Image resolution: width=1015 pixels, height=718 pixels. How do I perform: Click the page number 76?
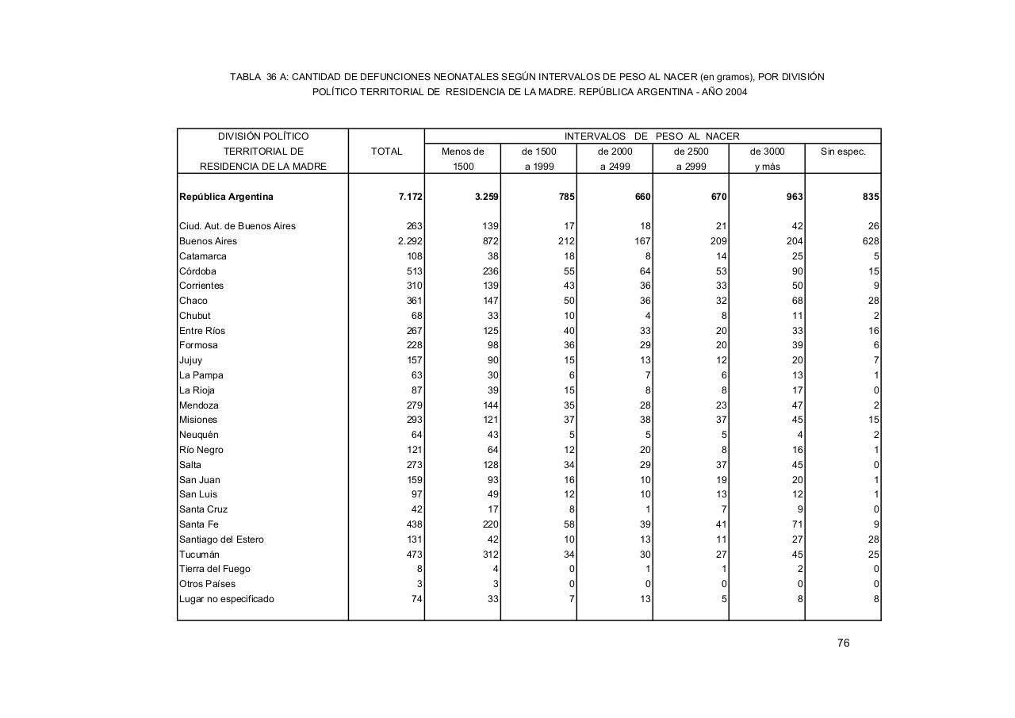coord(843,643)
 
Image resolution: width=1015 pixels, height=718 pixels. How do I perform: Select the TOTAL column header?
coord(386,152)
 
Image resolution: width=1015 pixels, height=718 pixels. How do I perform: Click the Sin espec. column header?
coord(843,152)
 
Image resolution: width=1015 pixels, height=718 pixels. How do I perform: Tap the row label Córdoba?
coord(197,271)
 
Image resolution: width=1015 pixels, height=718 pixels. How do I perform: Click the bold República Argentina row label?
coord(226,197)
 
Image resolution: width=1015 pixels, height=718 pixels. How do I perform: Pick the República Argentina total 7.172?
coord(410,197)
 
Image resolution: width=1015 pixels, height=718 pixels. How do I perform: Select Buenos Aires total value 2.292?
coord(410,241)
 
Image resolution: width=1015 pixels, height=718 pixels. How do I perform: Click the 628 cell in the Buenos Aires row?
coord(871,241)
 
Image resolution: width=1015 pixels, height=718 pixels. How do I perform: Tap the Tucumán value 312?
coord(490,555)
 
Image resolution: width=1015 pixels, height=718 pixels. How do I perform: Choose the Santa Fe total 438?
coord(413,524)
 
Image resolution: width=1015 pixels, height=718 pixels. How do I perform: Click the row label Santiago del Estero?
coord(221,539)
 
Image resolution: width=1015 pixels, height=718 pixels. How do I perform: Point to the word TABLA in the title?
coord(244,77)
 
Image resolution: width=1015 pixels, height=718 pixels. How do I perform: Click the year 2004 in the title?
coord(735,92)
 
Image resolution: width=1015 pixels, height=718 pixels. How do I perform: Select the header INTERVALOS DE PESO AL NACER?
coord(652,136)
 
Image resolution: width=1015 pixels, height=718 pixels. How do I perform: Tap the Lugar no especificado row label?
coord(227,599)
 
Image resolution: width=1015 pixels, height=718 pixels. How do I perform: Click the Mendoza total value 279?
coord(413,405)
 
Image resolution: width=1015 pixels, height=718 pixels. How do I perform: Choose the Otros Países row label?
coord(207,584)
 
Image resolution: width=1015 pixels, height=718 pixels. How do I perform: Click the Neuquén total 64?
coord(416,435)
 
